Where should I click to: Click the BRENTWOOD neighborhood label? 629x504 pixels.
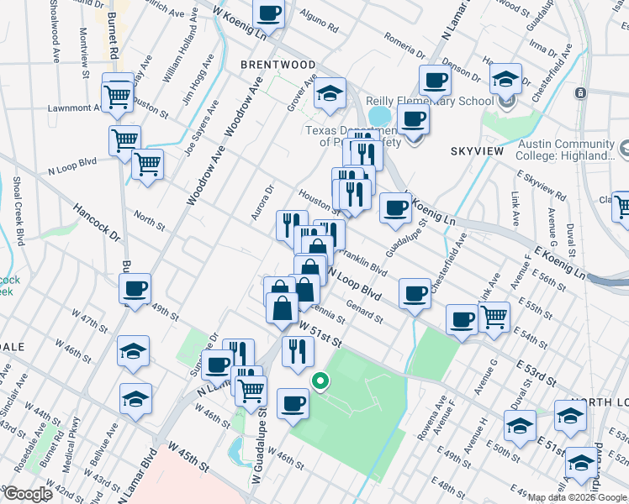277,65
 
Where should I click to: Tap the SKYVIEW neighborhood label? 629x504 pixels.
477,150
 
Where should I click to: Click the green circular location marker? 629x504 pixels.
320,381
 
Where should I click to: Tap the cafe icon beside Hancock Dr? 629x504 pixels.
135,290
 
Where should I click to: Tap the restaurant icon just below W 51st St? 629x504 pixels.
298,351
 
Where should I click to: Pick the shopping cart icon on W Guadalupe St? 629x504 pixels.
251,390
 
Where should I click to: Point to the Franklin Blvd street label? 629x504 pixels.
363,265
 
